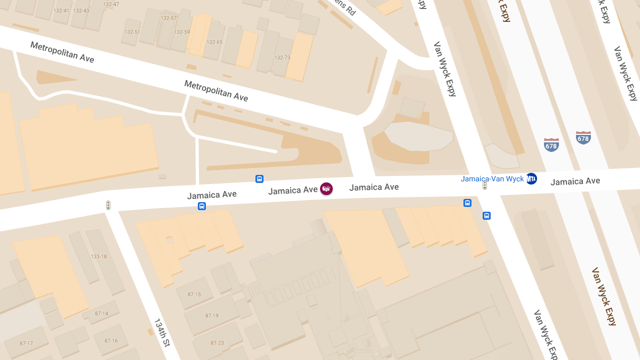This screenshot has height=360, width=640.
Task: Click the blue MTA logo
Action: [531, 179]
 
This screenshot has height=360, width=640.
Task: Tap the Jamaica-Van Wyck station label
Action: [492, 179]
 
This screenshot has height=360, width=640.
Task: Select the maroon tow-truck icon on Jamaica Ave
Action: [326, 188]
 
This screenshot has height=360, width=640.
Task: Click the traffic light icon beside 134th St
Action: [108, 205]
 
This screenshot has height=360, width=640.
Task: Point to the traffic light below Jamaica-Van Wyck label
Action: [485, 186]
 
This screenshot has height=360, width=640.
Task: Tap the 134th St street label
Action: [162, 332]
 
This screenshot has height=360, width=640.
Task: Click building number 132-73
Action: [282, 58]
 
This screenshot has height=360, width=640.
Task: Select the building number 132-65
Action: [214, 42]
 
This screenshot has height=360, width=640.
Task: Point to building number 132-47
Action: [111, 4]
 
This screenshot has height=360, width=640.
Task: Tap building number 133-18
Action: [99, 257]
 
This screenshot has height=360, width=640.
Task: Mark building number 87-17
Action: [26, 343]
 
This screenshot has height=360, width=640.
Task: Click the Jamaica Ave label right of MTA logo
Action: [575, 181]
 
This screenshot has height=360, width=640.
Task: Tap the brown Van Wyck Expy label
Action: [604, 297]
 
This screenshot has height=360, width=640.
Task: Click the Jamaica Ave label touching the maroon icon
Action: [293, 190]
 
